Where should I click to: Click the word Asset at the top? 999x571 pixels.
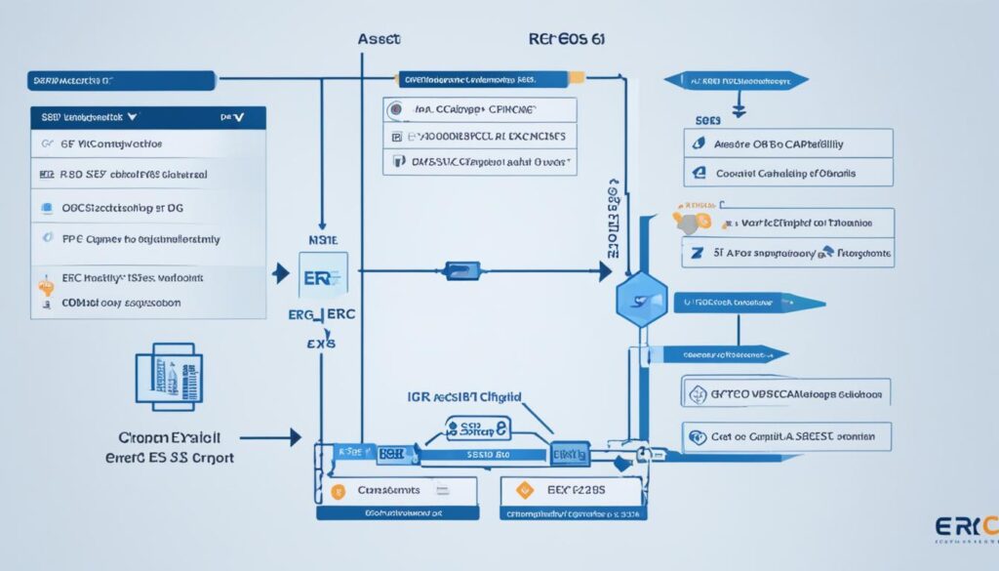pos(380,40)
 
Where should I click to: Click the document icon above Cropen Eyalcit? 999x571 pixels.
pos(164,375)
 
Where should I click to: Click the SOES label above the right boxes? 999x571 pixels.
pos(707,118)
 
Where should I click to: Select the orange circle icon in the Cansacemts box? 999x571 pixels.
pos(339,491)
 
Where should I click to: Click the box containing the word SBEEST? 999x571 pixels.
pos(786,437)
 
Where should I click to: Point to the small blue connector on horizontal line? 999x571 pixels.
pos(461,270)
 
